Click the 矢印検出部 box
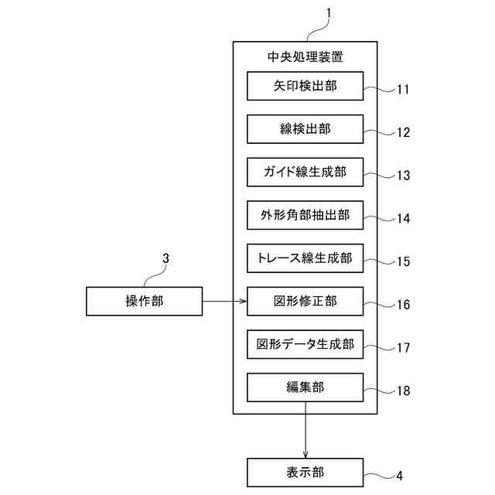(x=305, y=86)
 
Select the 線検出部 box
(x=305, y=129)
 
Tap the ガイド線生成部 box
(x=305, y=172)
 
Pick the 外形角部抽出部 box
(x=305, y=215)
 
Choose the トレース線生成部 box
(x=305, y=258)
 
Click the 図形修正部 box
(x=305, y=301)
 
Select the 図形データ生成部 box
(x=305, y=344)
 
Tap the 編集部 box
(x=305, y=387)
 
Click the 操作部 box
(x=143, y=301)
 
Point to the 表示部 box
(x=305, y=472)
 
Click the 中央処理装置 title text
(x=305, y=56)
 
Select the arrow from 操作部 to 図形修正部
(x=224, y=301)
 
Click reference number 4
(x=399, y=476)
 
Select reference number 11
(x=402, y=90)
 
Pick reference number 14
(x=402, y=219)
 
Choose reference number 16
(x=402, y=305)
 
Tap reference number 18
(x=402, y=391)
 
